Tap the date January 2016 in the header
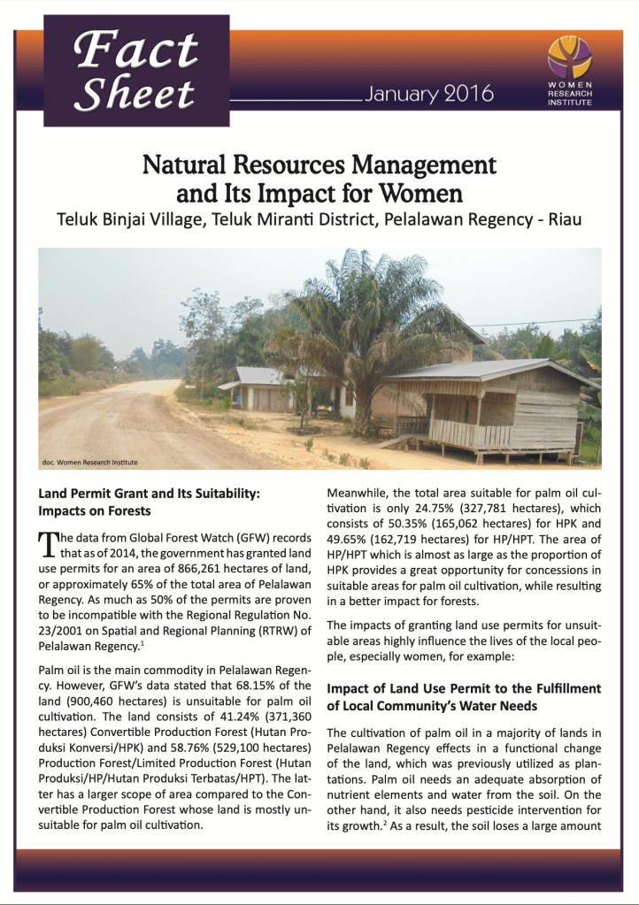coord(427,94)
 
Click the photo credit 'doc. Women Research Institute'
coord(90,462)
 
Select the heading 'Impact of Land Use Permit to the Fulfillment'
coord(464,688)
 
